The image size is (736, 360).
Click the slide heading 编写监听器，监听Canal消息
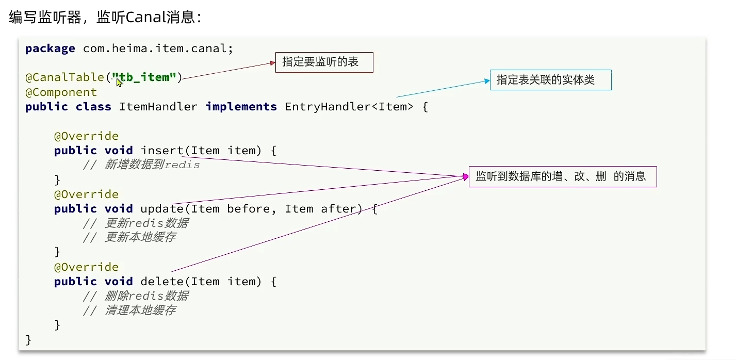105,17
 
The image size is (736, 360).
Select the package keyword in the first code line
50,48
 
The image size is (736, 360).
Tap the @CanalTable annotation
64,77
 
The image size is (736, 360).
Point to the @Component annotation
61,92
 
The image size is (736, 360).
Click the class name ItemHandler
158,107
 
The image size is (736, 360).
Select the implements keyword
241,107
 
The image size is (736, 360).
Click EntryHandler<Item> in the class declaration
349,107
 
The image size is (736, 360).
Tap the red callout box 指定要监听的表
324,63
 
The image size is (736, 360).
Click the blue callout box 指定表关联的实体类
550,80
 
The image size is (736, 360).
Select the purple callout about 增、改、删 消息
562,176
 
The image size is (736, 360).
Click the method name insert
161,151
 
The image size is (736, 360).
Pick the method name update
161,209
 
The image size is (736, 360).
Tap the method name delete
161,282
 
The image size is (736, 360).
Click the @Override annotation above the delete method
86,267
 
